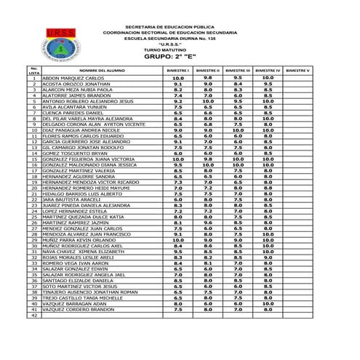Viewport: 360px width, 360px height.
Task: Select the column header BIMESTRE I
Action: coord(177,71)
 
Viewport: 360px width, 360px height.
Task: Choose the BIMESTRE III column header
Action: coord(238,71)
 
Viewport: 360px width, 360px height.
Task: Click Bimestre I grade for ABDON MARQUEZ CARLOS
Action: coord(177,78)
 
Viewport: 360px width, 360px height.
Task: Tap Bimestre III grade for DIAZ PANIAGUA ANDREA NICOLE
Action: coord(238,130)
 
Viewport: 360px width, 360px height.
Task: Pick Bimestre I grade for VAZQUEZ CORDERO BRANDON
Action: coord(177,310)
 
